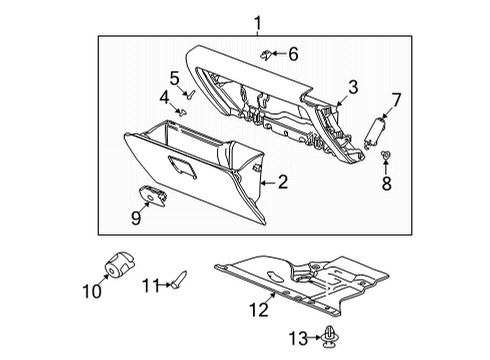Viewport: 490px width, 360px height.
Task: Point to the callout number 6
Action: pyautogui.click(x=293, y=54)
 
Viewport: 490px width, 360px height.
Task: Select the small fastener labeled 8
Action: pyautogui.click(x=385, y=155)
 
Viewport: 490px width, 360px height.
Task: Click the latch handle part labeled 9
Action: pyautogui.click(x=153, y=199)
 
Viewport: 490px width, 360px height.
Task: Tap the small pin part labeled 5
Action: pyautogui.click(x=185, y=93)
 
